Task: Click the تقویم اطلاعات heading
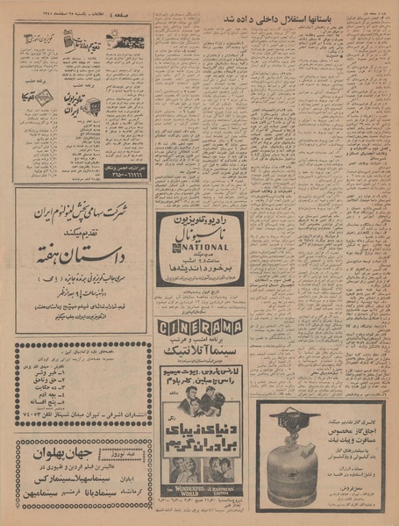88,37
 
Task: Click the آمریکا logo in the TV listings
39,98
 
